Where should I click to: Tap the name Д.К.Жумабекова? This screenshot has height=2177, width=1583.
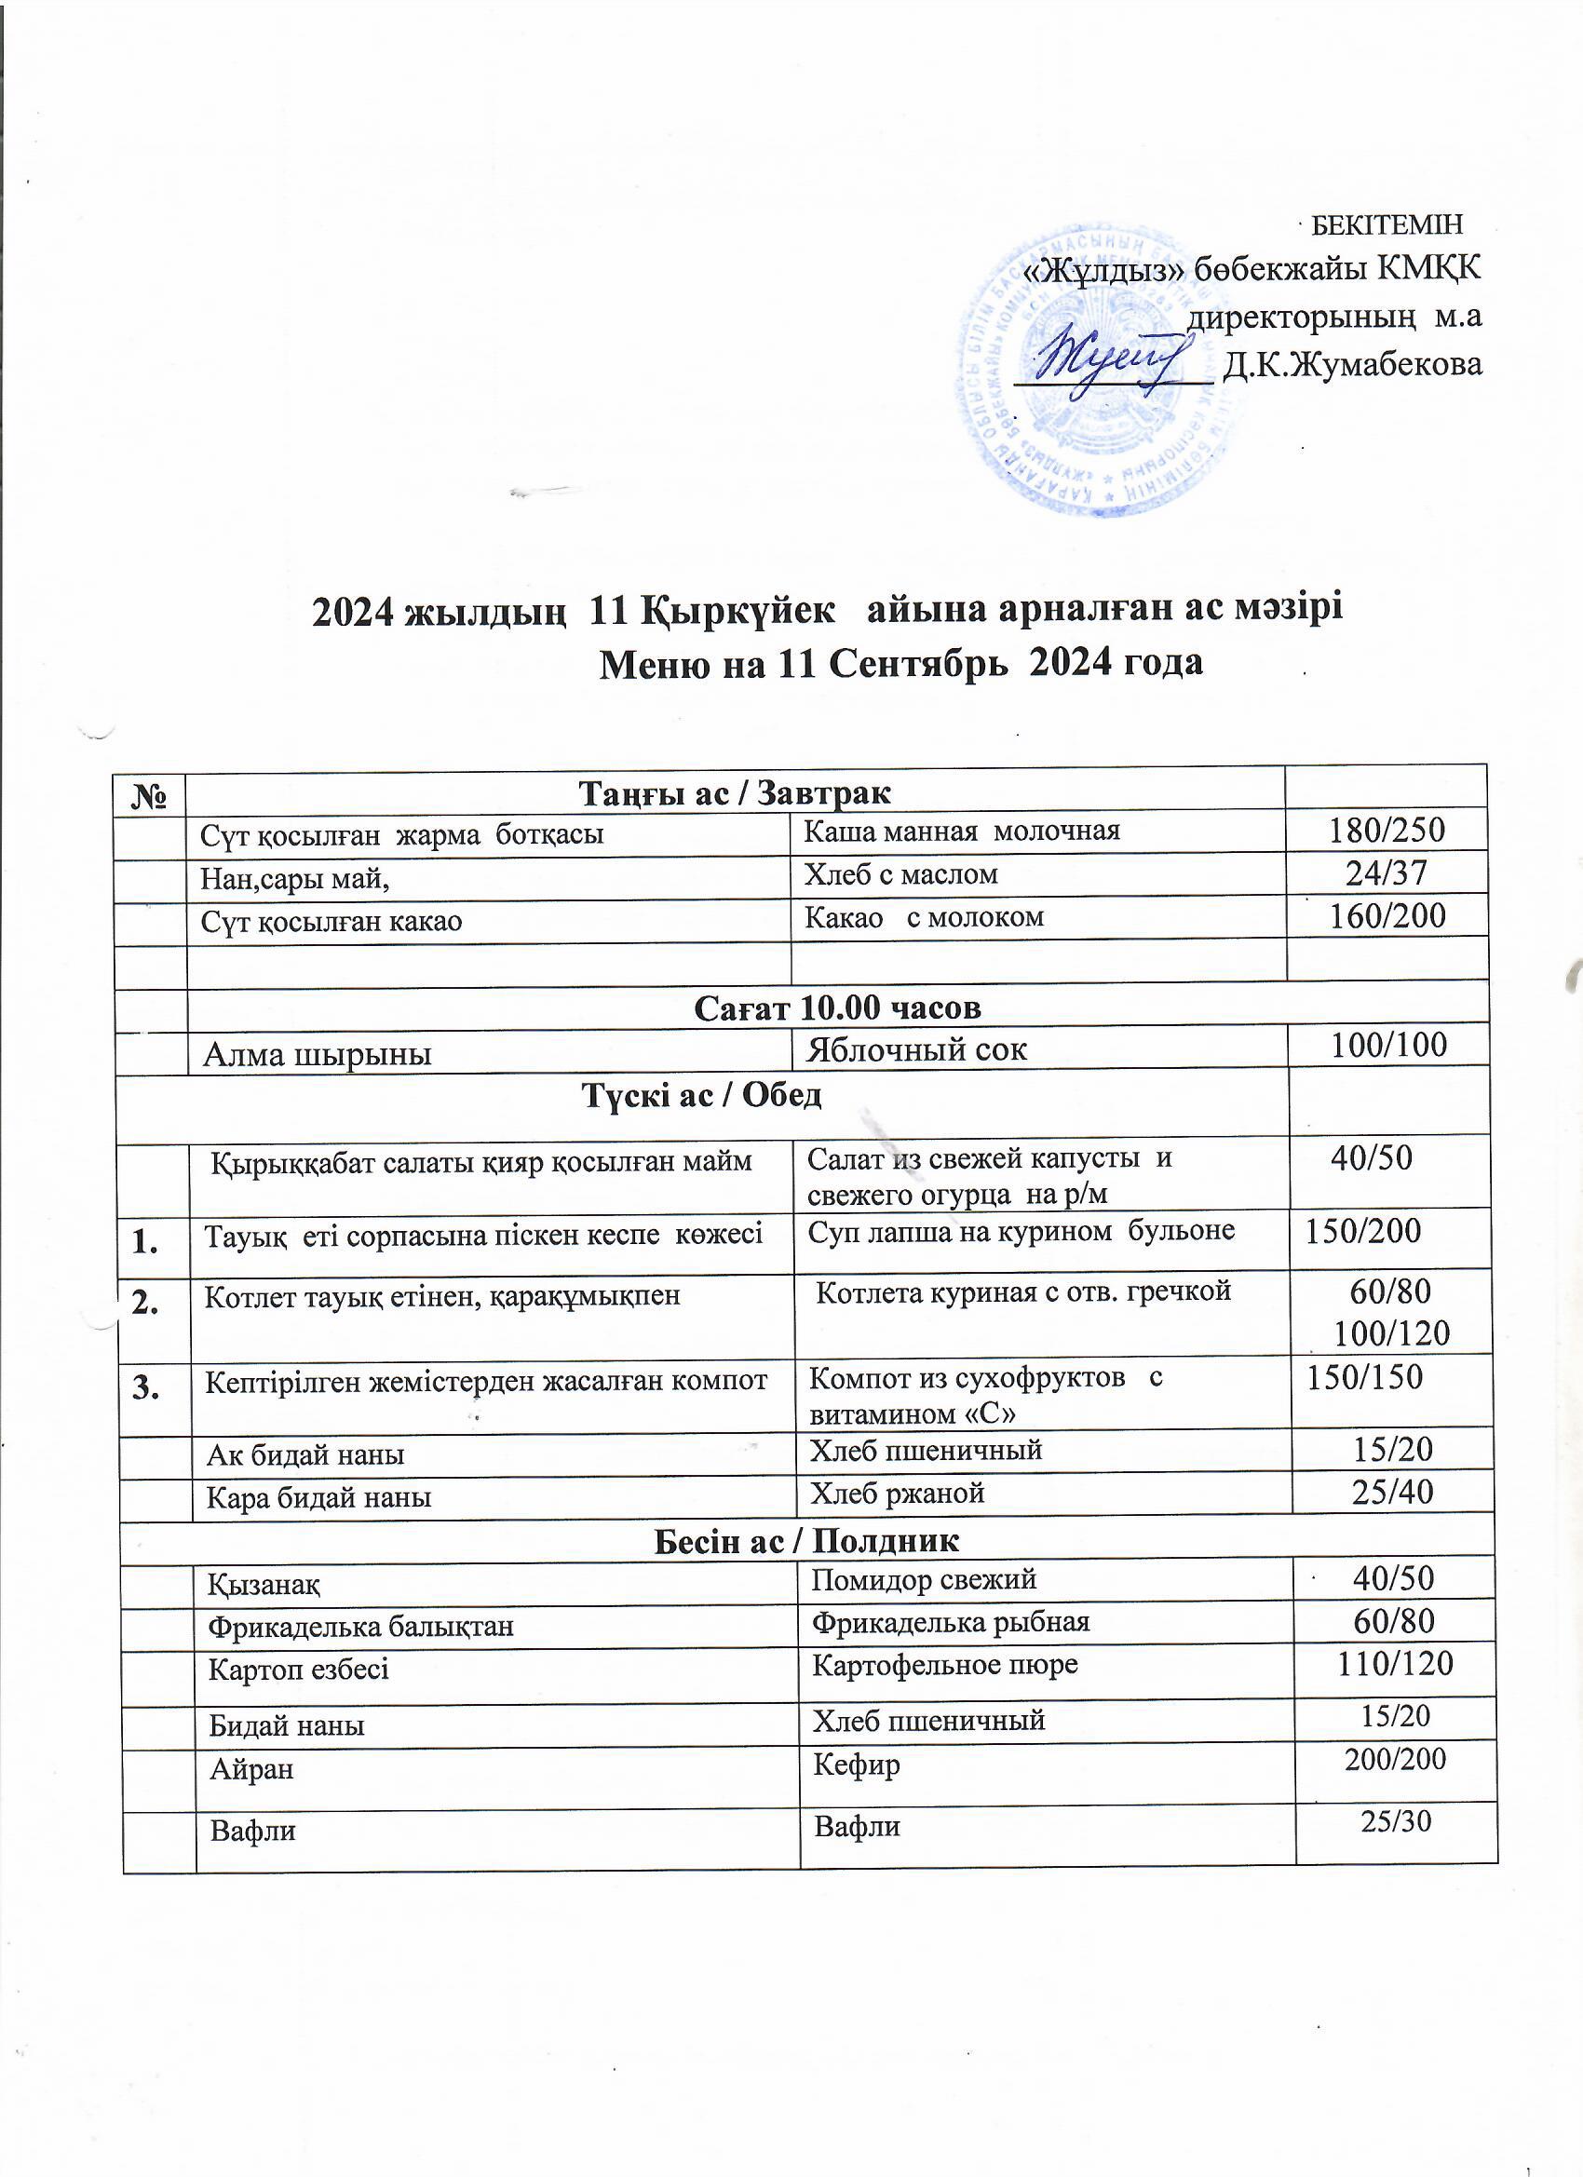[1353, 365]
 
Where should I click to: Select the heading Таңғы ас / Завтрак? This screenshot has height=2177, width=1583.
[735, 792]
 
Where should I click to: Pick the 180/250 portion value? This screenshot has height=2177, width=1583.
[1387, 831]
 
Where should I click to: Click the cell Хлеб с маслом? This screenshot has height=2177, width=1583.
[900, 874]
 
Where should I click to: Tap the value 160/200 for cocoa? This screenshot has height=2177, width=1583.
[1387, 915]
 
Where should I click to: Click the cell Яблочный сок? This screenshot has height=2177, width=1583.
[917, 1049]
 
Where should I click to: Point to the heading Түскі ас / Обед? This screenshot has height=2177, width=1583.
[702, 1095]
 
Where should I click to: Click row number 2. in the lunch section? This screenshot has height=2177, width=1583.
[147, 1303]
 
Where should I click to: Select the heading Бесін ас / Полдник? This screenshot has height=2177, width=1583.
[806, 1541]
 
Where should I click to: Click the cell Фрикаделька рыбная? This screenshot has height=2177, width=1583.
[951, 1622]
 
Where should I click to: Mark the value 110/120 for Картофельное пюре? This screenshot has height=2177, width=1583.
[1395, 1663]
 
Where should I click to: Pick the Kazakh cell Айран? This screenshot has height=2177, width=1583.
[251, 1768]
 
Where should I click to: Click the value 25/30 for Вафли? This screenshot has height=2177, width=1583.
[1396, 1821]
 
